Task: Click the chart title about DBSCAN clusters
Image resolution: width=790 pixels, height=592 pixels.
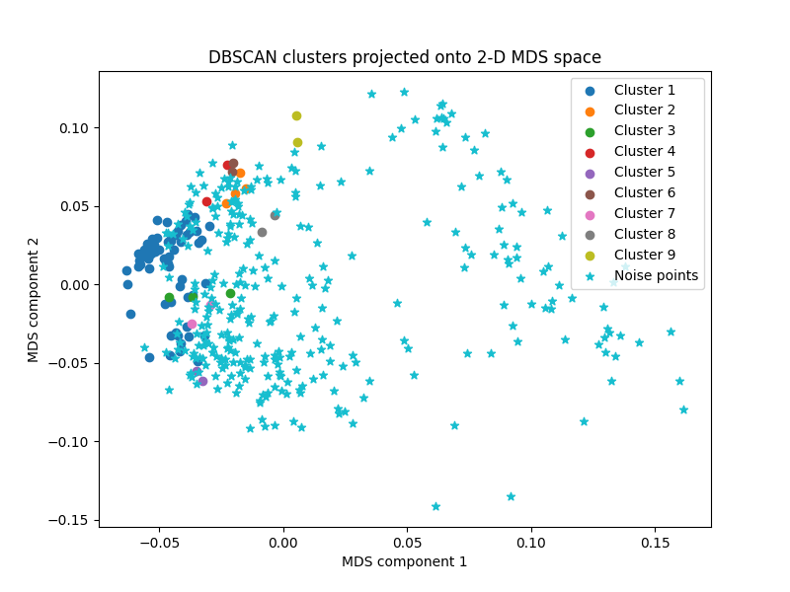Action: [x=405, y=57]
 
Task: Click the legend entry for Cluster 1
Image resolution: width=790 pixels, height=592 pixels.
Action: [x=644, y=90]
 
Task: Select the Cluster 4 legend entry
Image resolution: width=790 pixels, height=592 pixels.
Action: [x=644, y=152]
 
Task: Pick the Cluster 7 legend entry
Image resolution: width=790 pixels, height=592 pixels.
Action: [x=644, y=214]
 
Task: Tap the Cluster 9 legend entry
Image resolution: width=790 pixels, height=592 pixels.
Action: [x=644, y=256]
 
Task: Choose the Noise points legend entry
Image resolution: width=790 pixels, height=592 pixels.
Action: [x=656, y=276]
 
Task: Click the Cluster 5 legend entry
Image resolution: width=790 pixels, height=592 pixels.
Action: [x=644, y=173]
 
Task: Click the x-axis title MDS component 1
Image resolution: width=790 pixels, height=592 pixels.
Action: [x=405, y=561]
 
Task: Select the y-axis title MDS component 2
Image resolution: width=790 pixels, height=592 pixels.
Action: [x=34, y=299]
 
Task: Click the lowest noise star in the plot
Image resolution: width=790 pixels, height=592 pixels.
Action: [x=435, y=506]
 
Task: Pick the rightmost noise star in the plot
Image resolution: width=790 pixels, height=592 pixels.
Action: [x=683, y=409]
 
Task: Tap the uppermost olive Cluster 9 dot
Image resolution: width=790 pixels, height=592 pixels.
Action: [x=296, y=115]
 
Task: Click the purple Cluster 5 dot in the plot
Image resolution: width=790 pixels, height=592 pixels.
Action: [x=202, y=381]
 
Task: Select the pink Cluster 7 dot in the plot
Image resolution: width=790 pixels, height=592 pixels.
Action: [x=192, y=324]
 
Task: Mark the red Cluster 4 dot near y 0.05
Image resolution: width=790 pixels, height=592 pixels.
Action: [x=206, y=201]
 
